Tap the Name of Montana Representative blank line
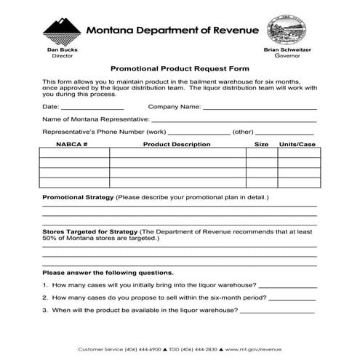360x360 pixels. pos(233,121)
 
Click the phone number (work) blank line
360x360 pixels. pos(199,134)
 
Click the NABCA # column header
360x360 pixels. pos(73,145)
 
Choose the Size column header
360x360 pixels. pos(261,145)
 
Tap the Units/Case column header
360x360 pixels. pos(297,145)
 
